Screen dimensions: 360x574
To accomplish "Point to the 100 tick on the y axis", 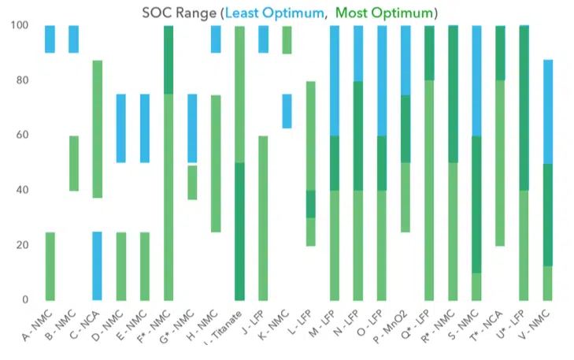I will tap(17, 25).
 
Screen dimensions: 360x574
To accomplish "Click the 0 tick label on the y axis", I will tap(24, 300).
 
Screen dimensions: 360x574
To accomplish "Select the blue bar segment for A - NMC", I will tap(50, 39).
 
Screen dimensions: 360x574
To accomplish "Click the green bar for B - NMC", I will tap(74, 163).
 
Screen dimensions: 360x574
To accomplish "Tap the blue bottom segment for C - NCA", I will tap(98, 265).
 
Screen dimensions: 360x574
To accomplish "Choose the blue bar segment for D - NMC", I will tap(121, 128).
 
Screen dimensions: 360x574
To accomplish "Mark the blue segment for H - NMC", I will tap(216, 39).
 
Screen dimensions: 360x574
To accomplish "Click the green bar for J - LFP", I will tap(263, 217).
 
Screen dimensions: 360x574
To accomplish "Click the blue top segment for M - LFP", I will tap(334, 80).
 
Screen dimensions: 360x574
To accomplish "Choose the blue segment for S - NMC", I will tap(476, 80).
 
